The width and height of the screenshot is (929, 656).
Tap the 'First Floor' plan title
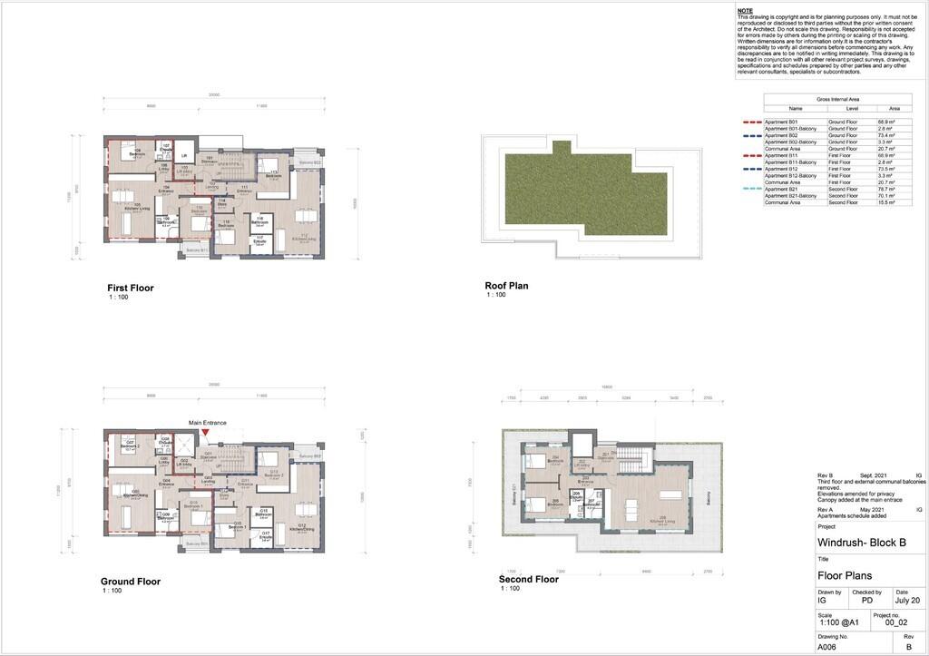[x=131, y=289]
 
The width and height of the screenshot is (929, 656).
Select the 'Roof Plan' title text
[x=506, y=286]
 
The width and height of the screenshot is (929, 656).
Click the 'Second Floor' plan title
[x=528, y=579]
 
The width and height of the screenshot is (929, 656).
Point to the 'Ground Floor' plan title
[x=131, y=582]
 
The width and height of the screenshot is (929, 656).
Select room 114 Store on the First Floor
[x=221, y=203]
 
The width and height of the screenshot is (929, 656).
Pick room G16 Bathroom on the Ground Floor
[x=264, y=514]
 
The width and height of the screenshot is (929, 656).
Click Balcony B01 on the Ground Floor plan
[x=197, y=543]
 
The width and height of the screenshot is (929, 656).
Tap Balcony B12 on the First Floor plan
[x=310, y=162]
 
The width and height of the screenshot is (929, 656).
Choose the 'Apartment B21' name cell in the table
[x=795, y=190]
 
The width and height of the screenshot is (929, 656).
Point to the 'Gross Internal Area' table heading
[x=837, y=99]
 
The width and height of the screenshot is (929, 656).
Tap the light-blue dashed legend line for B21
[x=752, y=190]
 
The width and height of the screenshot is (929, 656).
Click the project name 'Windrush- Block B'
[x=860, y=543]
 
